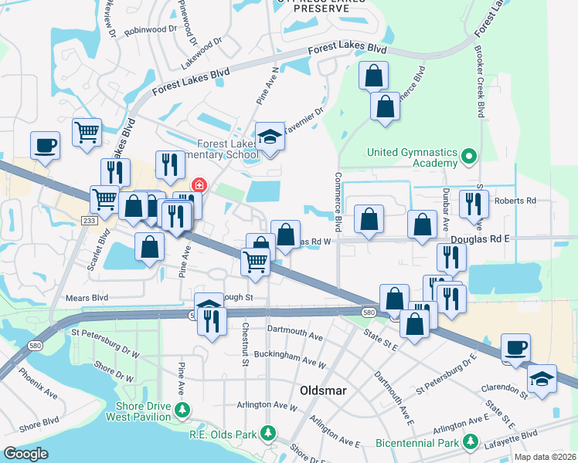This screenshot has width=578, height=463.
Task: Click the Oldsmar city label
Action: click(322, 390)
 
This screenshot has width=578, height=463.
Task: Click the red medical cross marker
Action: click(199, 185)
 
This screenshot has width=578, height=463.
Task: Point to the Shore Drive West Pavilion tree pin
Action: click(182, 410)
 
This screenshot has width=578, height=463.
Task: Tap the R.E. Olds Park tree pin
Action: click(268, 434)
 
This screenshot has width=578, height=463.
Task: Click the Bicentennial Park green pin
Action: click(469, 442)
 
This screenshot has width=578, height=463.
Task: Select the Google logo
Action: click(25, 454)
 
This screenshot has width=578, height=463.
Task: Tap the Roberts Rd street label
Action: click(515, 201)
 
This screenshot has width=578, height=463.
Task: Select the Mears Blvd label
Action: click(88, 297)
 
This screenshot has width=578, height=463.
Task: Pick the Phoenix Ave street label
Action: click(39, 384)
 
